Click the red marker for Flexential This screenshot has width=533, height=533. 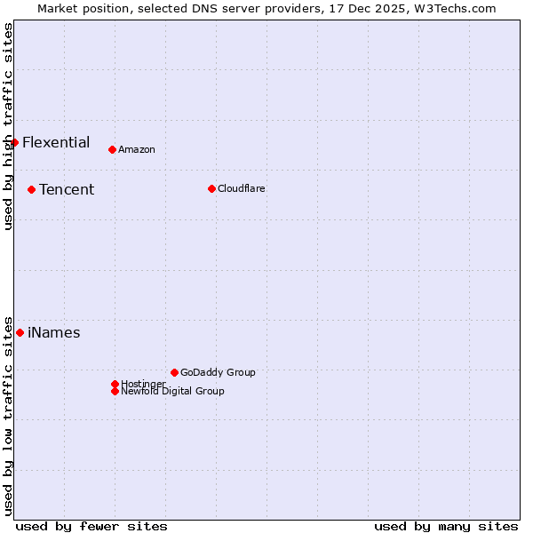(x=14, y=142)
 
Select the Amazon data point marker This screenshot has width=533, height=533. (x=112, y=149)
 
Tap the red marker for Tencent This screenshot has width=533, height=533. (x=31, y=189)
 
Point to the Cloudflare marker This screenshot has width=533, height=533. (x=211, y=188)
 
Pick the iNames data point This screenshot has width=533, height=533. (x=20, y=332)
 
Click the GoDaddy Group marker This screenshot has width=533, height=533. (x=174, y=372)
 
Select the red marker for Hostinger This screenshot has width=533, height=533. (x=115, y=384)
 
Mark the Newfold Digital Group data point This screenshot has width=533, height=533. (x=115, y=391)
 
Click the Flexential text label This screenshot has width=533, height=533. (x=56, y=142)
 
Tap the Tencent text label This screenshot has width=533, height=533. (x=67, y=189)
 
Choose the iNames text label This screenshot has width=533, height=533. (x=54, y=333)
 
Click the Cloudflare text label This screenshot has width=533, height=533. (x=242, y=188)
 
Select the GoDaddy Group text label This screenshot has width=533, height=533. (x=218, y=372)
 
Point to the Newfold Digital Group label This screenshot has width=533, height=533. (x=172, y=391)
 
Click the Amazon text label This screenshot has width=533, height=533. (x=137, y=149)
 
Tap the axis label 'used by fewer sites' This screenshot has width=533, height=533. (x=91, y=526)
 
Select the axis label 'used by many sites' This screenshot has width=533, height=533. (x=446, y=526)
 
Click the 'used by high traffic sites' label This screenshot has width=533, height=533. (x=8, y=126)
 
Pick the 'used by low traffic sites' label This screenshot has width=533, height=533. (x=8, y=415)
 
